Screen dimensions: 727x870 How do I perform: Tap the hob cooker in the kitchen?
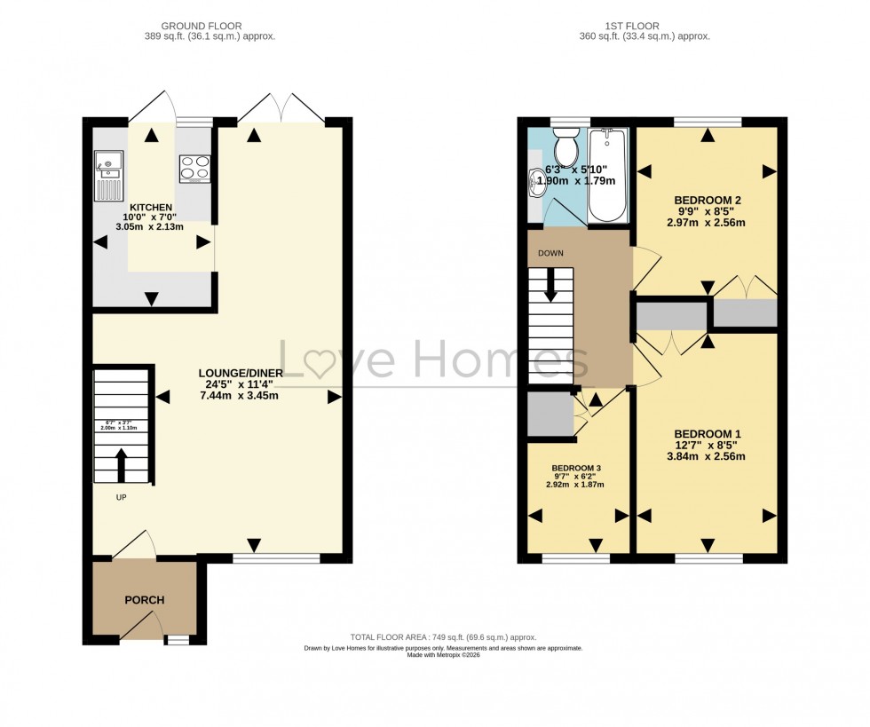(x=194, y=168)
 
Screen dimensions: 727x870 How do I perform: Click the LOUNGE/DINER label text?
(x=241, y=373)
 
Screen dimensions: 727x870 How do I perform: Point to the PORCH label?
(x=144, y=600)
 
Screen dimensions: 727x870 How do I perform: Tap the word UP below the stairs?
(x=121, y=497)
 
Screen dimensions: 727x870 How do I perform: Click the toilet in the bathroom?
(x=565, y=147)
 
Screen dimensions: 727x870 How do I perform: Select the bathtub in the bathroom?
(x=608, y=174)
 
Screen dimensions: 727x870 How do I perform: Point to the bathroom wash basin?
(x=537, y=184)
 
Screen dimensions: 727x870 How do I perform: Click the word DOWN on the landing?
(x=550, y=252)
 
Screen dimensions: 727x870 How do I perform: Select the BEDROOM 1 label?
(x=707, y=433)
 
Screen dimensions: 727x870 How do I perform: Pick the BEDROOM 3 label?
(x=577, y=468)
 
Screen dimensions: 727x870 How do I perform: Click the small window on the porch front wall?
(x=178, y=639)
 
